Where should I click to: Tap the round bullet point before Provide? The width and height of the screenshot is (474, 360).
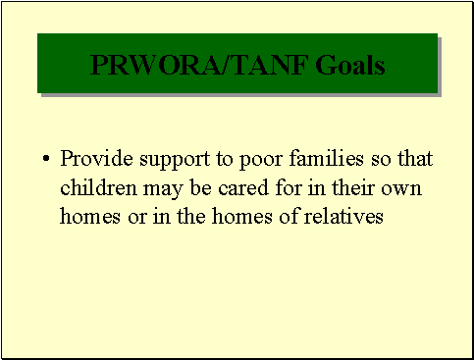pos(46,159)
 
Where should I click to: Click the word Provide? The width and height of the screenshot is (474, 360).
pos(91,158)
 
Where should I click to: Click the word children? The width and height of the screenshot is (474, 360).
pos(94,187)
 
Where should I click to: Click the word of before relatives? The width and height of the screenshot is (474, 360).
pos(288,217)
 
